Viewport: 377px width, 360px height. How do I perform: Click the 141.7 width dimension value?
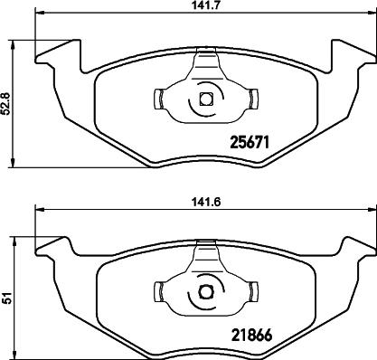[206, 5]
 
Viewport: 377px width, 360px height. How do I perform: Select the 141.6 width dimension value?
[206, 202]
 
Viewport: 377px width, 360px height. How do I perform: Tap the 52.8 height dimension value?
[5, 104]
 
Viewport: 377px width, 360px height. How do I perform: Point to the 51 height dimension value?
[5, 298]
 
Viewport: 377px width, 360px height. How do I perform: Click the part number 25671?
[250, 142]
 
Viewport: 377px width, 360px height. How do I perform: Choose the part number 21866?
[251, 335]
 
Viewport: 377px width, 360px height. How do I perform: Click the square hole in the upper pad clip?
[207, 99]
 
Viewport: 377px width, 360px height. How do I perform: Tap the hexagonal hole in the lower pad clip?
[206, 292]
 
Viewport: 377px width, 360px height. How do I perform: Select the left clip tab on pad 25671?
[158, 99]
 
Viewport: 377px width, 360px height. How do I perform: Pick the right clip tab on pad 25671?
[254, 99]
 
